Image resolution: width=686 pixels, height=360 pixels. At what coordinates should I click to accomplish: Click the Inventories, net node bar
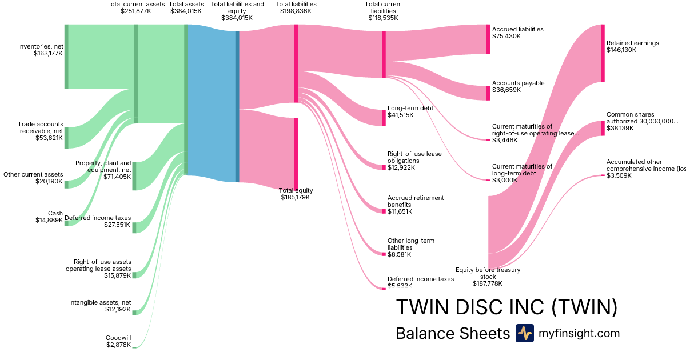[x=66, y=57]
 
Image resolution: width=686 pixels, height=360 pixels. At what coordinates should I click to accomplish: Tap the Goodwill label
[x=118, y=338]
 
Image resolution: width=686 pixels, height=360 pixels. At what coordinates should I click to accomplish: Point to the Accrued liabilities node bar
[x=488, y=39]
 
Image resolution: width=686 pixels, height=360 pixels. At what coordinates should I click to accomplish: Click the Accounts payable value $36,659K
[x=506, y=90]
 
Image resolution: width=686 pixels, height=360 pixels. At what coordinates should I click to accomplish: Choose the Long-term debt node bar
[x=384, y=117]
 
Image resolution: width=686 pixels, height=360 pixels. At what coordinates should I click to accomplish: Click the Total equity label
[x=296, y=190]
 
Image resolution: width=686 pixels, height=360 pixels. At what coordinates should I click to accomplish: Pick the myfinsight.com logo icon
[x=524, y=333]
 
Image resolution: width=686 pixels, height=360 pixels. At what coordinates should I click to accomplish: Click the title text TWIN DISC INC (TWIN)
[x=506, y=307]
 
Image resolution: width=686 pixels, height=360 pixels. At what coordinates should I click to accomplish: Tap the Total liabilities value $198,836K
[x=296, y=11]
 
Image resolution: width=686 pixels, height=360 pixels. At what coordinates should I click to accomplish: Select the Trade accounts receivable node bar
[x=66, y=138]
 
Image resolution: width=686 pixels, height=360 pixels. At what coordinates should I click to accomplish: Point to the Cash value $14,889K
[x=49, y=221]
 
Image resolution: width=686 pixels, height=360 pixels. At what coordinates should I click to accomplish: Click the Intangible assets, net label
[x=100, y=302]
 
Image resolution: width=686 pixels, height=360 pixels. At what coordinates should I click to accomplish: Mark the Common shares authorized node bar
[x=603, y=128]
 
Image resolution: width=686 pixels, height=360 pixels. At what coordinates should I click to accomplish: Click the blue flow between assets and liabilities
[x=212, y=103]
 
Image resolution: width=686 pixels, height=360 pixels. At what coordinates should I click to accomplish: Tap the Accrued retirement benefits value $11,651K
[x=400, y=212]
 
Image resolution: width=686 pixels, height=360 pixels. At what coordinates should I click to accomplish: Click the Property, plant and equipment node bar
[x=134, y=176]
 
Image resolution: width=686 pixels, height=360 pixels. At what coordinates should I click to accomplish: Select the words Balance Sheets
[x=453, y=334]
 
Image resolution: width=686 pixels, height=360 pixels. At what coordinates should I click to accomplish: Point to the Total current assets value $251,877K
[x=135, y=11]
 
